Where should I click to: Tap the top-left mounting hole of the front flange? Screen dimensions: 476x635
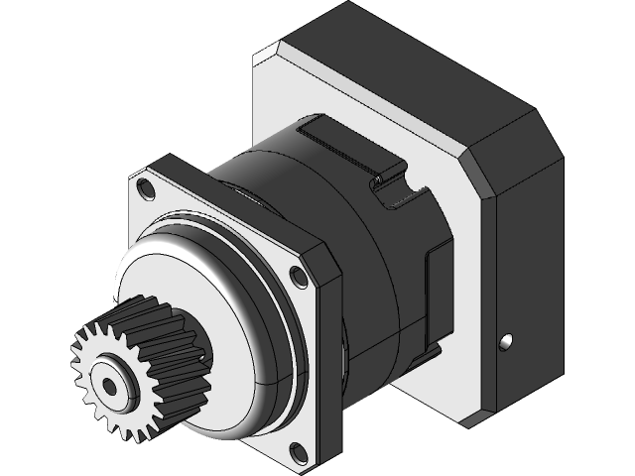pos(147,185)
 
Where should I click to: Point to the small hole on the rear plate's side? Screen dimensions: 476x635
pos(506,342)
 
